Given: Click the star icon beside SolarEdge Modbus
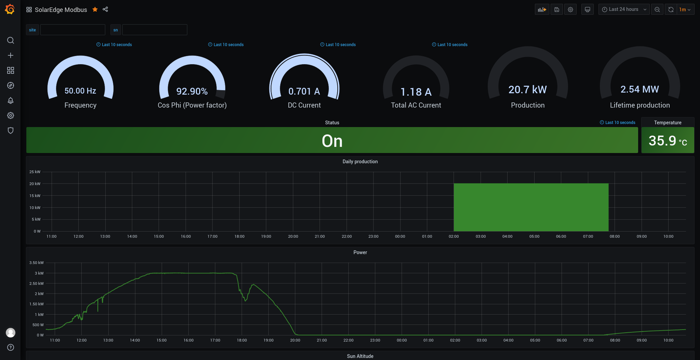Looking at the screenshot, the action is pyautogui.click(x=95, y=10).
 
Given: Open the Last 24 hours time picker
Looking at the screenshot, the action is pyautogui.click(x=624, y=10).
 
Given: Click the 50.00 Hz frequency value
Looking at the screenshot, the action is pyautogui.click(x=80, y=91).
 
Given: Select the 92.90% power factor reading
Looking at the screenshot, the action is pyautogui.click(x=192, y=91).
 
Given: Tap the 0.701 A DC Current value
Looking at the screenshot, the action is pyautogui.click(x=304, y=91).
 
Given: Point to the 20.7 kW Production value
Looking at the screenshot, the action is pyautogui.click(x=528, y=89).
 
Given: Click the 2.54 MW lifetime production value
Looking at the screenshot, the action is pyautogui.click(x=640, y=89).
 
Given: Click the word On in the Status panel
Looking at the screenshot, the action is pyautogui.click(x=332, y=141).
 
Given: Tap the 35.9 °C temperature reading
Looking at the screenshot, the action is pyautogui.click(x=668, y=141).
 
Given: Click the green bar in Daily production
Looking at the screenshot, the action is pyautogui.click(x=531, y=207).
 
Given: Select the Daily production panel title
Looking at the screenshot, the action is pyautogui.click(x=360, y=162).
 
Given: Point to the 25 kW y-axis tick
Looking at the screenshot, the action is pyautogui.click(x=35, y=172).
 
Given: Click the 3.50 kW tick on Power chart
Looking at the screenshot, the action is pyautogui.click(x=37, y=263).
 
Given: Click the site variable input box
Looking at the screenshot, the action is pyautogui.click(x=73, y=30).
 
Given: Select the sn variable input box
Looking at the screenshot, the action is pyautogui.click(x=155, y=30).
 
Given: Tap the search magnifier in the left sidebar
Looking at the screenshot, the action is pyautogui.click(x=11, y=40).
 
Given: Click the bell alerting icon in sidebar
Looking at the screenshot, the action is pyautogui.click(x=11, y=100).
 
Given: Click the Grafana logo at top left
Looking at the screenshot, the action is pyautogui.click(x=10, y=9).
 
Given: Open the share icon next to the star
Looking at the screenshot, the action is pyautogui.click(x=105, y=9).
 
